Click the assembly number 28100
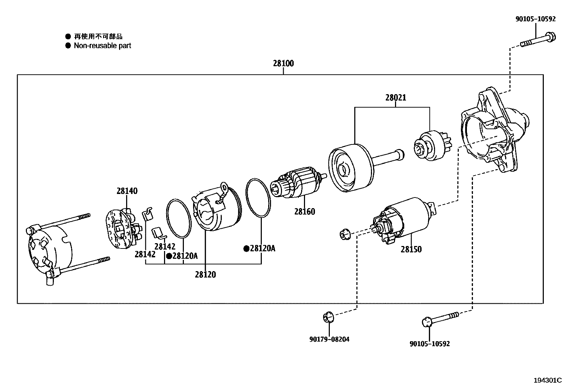[x=283, y=64]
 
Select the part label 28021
[x=396, y=97]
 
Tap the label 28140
[x=127, y=191]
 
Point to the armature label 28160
[x=304, y=212]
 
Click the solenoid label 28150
[x=411, y=250]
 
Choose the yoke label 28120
[x=205, y=274]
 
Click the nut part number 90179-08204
[x=329, y=339]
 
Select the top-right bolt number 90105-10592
[x=535, y=19]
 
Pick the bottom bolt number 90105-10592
[x=429, y=344]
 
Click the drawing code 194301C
[x=548, y=381]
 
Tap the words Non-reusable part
[x=102, y=46]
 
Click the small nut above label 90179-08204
[x=328, y=317]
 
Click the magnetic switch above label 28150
[x=404, y=219]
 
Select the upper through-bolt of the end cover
[x=64, y=222]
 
